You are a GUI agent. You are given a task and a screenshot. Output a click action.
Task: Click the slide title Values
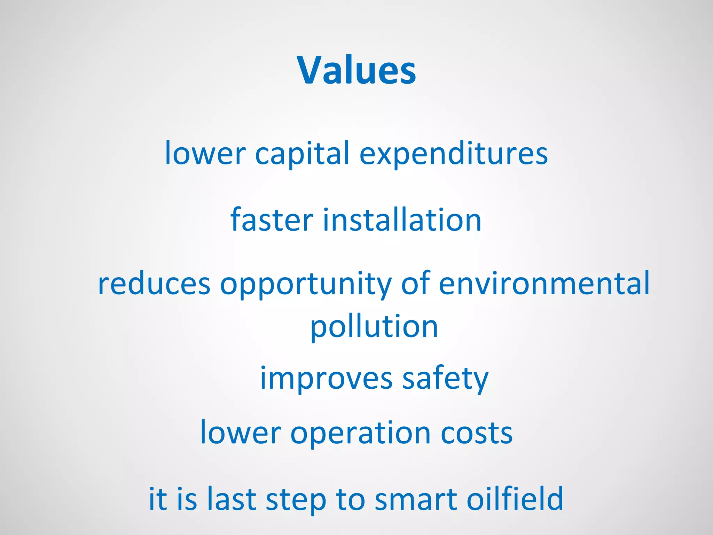356,70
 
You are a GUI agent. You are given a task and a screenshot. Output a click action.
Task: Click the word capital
302,154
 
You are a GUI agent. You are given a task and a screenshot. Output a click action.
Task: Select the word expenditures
453,154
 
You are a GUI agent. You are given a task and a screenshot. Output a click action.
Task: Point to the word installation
402,220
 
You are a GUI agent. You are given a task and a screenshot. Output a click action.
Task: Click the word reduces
154,284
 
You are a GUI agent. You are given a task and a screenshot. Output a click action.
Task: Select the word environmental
544,283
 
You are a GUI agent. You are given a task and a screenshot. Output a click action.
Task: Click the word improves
326,379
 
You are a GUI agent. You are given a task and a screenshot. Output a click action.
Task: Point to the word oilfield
515,499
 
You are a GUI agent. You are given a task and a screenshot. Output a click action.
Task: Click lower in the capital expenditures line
205,154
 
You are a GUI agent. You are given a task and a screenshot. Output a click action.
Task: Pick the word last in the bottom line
232,499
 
